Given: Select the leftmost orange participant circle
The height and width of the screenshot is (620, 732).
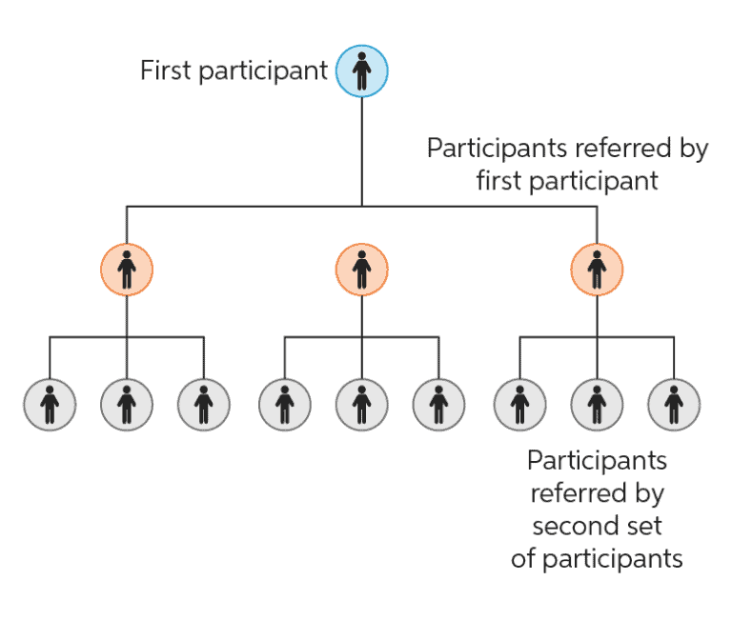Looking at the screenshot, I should click(127, 270).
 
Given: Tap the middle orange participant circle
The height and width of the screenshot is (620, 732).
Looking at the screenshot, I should click(361, 270).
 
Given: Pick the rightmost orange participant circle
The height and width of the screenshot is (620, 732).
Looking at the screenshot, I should click(597, 270).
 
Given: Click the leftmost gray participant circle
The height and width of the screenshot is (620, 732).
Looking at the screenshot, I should click(50, 405).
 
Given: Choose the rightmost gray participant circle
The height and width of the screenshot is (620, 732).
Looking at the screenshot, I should click(674, 405).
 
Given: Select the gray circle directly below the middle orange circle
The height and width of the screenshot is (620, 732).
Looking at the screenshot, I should click(361, 405).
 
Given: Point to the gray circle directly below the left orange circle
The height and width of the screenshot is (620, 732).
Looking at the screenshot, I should click(127, 405).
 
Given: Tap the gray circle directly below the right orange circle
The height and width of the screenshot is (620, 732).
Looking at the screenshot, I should click(597, 405).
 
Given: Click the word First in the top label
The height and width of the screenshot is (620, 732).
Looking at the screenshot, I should click(164, 71).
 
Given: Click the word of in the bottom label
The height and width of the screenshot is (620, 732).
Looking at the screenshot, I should click(524, 558).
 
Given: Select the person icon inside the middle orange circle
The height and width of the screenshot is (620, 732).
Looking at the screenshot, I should click(361, 270).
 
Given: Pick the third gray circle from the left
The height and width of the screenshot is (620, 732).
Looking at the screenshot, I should click(204, 405).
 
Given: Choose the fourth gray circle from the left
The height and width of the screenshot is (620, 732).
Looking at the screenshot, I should click(285, 405).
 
